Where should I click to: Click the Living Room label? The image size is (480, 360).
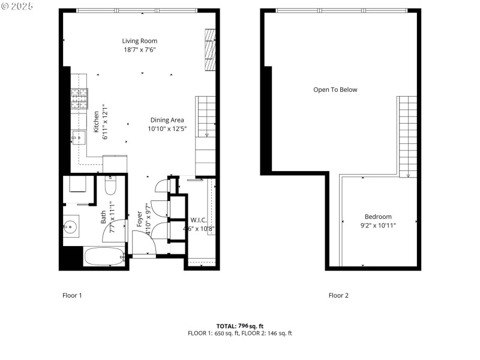tap(140, 41)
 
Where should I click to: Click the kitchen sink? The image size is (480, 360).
tap(79, 138)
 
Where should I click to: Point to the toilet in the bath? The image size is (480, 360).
tap(110, 187)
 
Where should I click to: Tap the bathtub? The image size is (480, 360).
tap(104, 257)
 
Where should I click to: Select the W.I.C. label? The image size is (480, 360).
tap(199, 220)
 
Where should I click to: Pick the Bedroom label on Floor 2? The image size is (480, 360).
tap(378, 217)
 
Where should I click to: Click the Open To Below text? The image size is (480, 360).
tap(335, 90)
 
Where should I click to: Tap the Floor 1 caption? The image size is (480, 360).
tap(72, 295)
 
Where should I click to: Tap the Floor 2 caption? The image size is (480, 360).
tap(338, 295)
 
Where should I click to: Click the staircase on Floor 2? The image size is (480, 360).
tap(408, 135)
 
